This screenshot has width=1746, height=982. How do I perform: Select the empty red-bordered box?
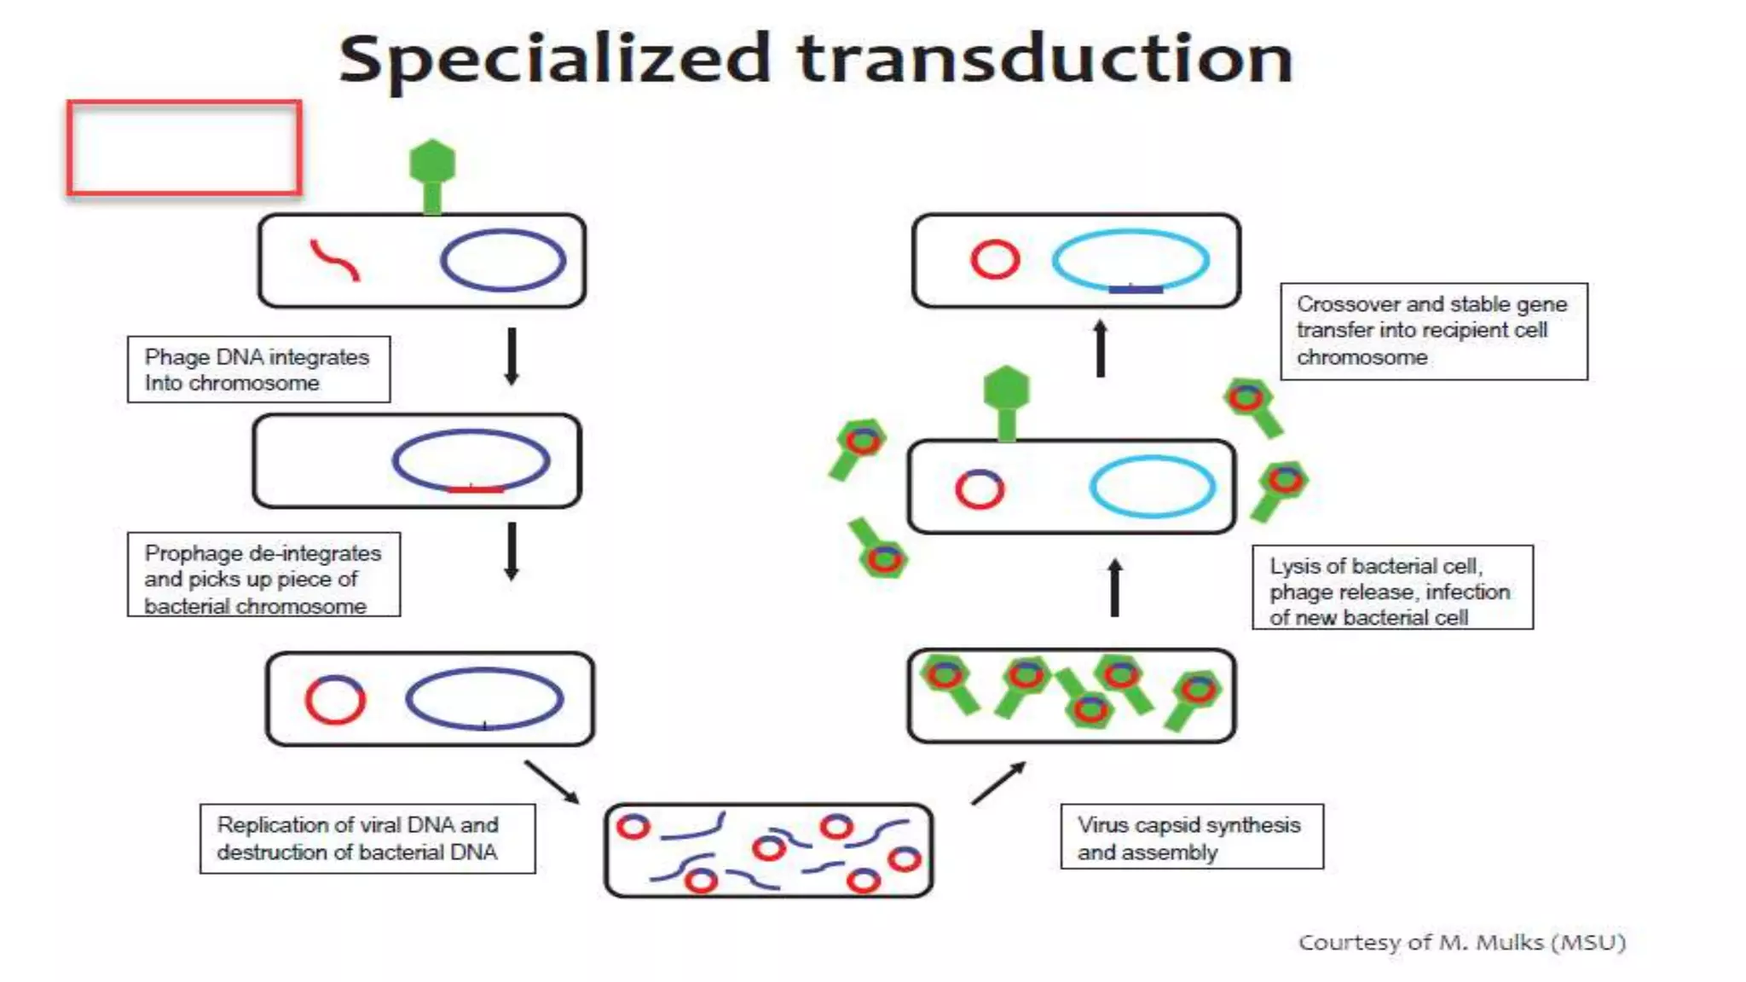[184, 148]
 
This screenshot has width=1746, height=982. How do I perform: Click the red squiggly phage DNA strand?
[334, 259]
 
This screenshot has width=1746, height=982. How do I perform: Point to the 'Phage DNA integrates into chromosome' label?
[258, 369]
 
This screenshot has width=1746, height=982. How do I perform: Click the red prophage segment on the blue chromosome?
[475, 488]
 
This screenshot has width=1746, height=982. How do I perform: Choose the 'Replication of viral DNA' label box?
[367, 838]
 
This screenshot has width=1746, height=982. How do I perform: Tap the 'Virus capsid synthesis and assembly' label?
[1191, 837]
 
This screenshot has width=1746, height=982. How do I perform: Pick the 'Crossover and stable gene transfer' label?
[1433, 331]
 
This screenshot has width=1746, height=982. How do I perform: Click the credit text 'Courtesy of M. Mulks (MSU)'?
[1461, 942]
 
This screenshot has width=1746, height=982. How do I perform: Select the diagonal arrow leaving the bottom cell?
[998, 783]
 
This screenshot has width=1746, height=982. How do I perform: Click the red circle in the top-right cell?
[995, 259]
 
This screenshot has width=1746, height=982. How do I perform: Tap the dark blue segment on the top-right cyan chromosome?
[1135, 289]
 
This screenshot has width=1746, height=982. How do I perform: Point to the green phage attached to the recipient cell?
[1007, 401]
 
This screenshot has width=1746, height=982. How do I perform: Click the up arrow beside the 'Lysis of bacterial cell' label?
[1115, 587]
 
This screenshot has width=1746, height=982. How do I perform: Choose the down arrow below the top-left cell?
[512, 356]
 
